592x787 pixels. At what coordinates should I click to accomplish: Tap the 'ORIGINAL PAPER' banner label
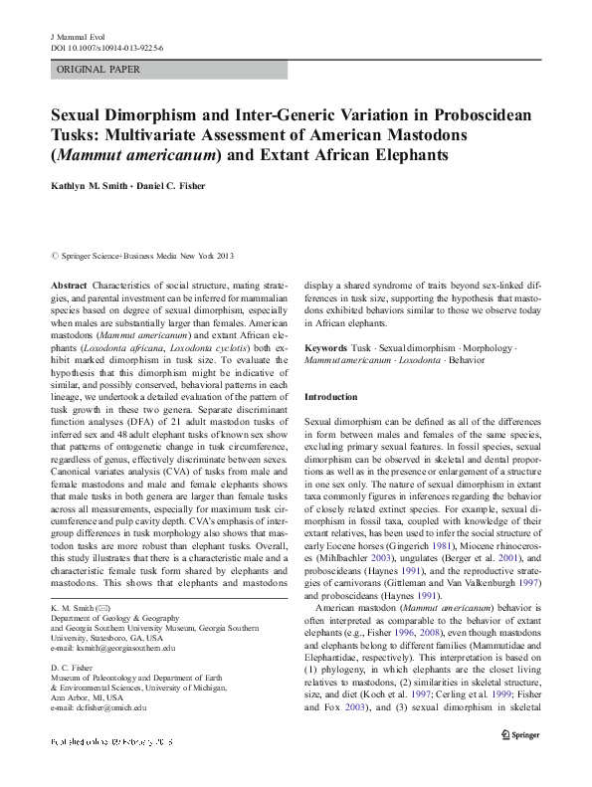(99, 70)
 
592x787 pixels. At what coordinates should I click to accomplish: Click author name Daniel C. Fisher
(186, 187)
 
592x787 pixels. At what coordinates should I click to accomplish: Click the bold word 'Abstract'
(72, 285)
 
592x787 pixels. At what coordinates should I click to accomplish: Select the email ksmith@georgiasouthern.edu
(118, 648)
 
